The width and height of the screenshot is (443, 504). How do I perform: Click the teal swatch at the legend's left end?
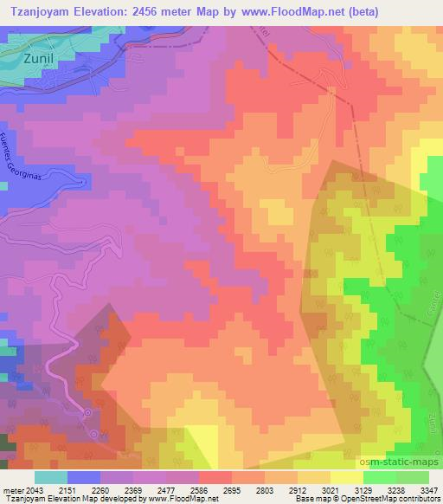click(51, 476)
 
